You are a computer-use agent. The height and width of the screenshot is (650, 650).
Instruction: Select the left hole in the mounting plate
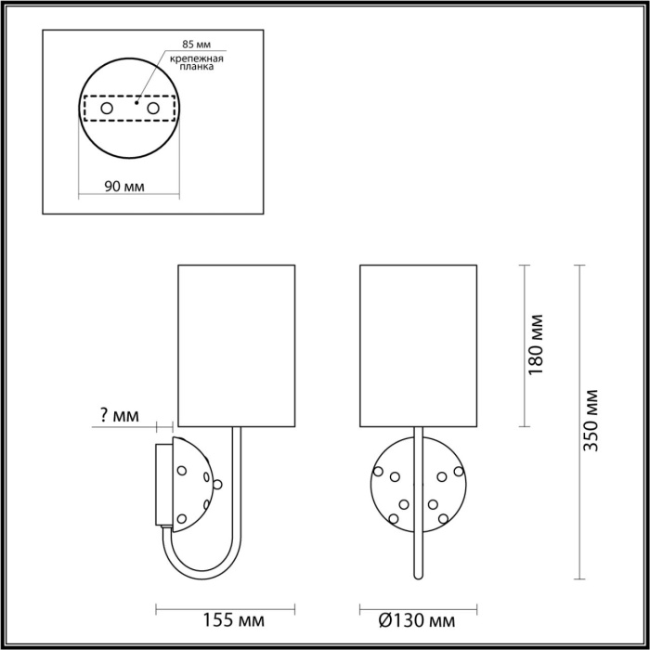[106, 110]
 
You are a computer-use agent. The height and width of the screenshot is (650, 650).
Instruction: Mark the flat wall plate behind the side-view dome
[162, 485]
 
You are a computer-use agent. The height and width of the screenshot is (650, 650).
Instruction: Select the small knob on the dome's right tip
[218, 483]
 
